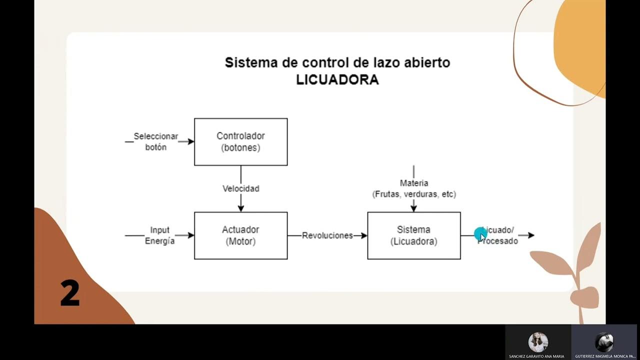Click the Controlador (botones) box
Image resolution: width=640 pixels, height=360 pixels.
click(x=240, y=141)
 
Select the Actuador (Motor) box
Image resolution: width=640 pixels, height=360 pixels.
click(x=240, y=235)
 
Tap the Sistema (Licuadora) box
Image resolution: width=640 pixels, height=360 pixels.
click(x=413, y=235)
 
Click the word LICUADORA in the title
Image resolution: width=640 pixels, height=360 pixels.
click(x=337, y=80)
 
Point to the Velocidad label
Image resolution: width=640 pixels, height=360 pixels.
click(x=240, y=188)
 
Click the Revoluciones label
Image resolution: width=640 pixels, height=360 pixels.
click(x=327, y=235)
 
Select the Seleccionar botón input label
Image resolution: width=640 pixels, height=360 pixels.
click(x=155, y=141)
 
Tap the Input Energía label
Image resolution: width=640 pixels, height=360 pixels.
click(x=159, y=235)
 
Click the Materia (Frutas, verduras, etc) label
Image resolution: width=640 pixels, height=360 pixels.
click(x=414, y=188)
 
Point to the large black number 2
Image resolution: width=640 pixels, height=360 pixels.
click(x=70, y=293)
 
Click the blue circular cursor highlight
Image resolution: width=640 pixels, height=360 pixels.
click(x=480, y=233)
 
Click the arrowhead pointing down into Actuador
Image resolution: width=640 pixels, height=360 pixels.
click(x=240, y=208)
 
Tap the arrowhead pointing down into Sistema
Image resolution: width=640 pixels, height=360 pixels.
click(x=414, y=208)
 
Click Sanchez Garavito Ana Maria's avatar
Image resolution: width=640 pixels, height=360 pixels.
click(x=538, y=342)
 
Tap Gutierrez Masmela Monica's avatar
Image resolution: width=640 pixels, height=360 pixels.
click(x=604, y=342)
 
